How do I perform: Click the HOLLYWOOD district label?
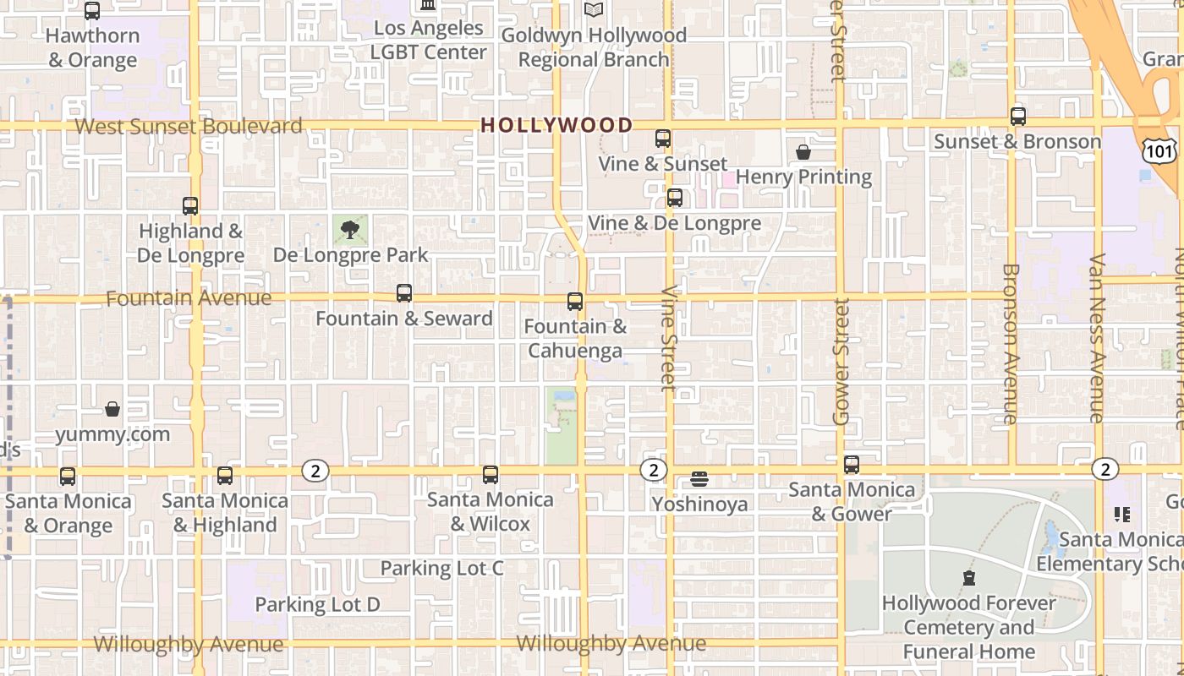pos(556,126)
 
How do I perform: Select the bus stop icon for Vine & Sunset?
pos(663,139)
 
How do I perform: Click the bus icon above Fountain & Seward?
pos(404,293)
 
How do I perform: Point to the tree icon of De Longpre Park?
pos(350,229)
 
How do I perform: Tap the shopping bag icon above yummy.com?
pos(112,410)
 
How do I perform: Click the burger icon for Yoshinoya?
pos(699,479)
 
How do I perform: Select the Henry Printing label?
pos(803,177)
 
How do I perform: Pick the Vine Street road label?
pos(669,338)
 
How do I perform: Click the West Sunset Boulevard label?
pos(189,127)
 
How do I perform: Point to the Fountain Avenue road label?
pos(189,298)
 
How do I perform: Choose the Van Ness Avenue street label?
pos(1097,337)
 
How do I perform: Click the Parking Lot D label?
pos(317,604)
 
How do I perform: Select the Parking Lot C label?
pos(441,568)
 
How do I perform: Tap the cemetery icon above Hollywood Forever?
pos(969,579)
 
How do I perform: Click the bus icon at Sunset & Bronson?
pos(1018,117)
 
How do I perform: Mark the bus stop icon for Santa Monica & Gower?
pos(852,465)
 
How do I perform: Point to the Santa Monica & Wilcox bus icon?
pos(491,475)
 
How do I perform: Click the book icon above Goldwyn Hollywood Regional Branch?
pos(594,10)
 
